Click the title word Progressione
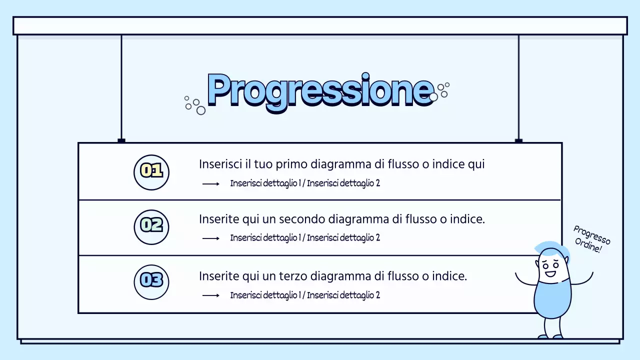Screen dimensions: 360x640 coord(320,90)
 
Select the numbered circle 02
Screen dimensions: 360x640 coord(151,226)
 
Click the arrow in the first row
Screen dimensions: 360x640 coord(211,184)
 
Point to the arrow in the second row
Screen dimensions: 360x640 coord(211,238)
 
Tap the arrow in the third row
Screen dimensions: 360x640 coord(211,295)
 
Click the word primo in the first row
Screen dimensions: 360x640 coord(292,164)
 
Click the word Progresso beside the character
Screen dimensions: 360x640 coord(591,235)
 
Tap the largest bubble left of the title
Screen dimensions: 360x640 coord(201,110)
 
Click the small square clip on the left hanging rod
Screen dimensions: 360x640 coord(121,141)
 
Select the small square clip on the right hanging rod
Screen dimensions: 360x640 coord(518,141)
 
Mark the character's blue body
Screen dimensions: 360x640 coord(552,300)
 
